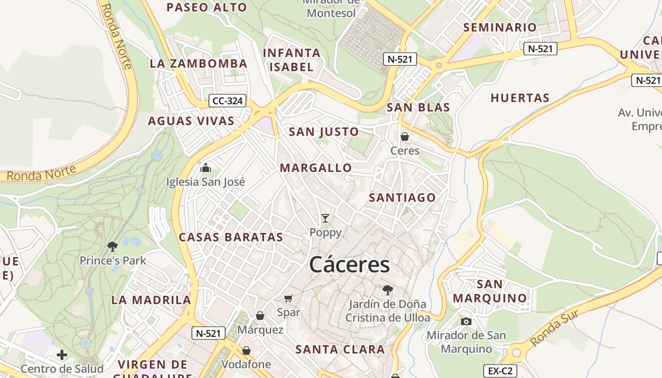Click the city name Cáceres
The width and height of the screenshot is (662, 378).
(x=349, y=265)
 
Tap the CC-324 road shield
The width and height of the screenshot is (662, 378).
(x=228, y=101)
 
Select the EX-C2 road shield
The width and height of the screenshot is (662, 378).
(x=500, y=371)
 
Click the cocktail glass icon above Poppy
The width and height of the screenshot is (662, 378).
(x=325, y=218)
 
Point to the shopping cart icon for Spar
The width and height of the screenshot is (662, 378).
(x=288, y=298)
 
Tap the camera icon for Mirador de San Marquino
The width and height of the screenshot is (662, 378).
(x=466, y=321)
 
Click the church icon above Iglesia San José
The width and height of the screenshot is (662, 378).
(x=206, y=168)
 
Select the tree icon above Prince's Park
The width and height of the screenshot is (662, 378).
(x=113, y=246)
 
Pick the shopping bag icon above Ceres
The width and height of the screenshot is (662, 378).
(x=405, y=137)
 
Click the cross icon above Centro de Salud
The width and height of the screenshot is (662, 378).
(x=61, y=354)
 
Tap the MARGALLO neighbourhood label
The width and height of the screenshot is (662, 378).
(x=316, y=168)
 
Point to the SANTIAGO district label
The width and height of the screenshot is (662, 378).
(x=402, y=198)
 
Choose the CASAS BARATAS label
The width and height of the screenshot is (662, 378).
(x=231, y=237)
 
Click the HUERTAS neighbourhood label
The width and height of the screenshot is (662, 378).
(x=520, y=98)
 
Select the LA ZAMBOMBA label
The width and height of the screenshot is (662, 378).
(x=199, y=63)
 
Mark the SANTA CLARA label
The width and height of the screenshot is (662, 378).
(x=340, y=350)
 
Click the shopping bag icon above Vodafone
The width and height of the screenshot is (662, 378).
(x=246, y=351)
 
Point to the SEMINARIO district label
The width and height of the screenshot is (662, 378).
(x=500, y=27)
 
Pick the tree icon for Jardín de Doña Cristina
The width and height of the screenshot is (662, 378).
(x=388, y=290)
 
